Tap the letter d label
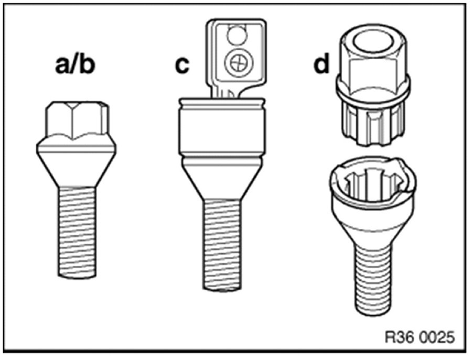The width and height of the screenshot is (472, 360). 323,66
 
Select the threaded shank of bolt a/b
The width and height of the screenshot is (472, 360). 78,231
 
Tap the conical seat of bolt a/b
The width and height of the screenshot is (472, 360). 77,162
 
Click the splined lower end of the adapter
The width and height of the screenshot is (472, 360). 373,123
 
